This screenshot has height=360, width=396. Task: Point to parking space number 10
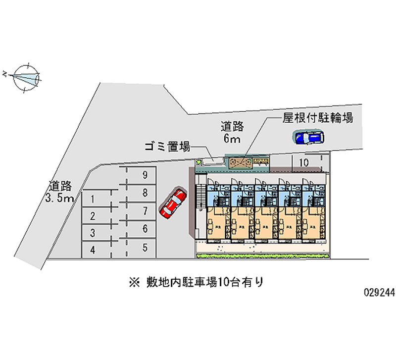[x=304, y=162]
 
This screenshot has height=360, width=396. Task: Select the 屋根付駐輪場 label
[x=317, y=118]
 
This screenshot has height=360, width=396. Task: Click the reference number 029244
[x=377, y=293]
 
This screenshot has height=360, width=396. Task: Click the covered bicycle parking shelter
[x=247, y=161]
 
